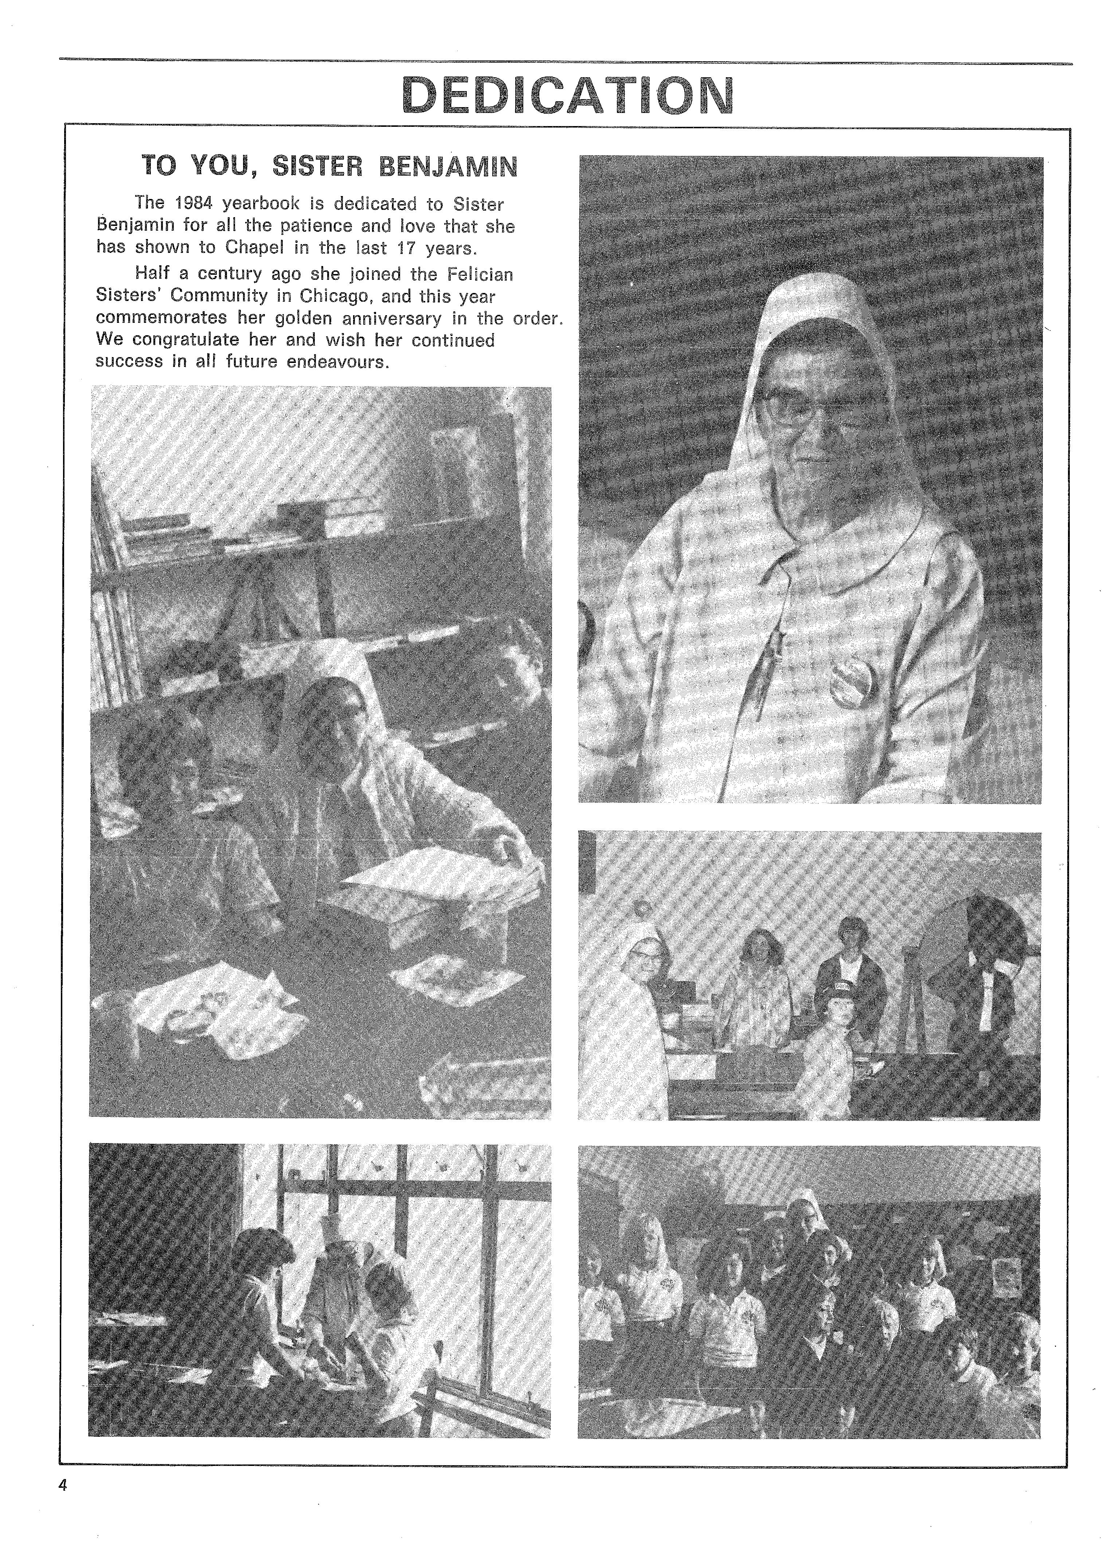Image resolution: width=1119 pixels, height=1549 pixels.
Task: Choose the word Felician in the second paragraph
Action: pyautogui.click(x=480, y=274)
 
